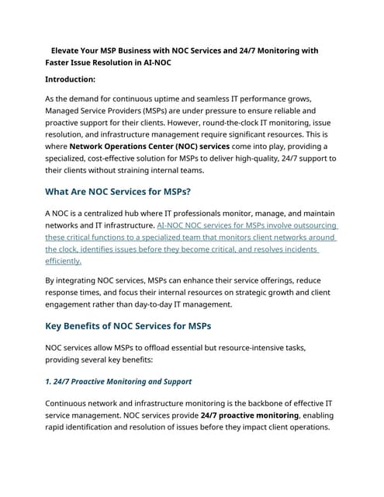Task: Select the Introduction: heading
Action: click(x=71, y=79)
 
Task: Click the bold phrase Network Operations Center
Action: click(x=127, y=146)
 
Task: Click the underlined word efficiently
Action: click(x=63, y=261)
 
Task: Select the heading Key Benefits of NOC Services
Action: click(x=128, y=325)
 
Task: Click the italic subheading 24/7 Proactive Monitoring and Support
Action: click(x=118, y=381)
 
